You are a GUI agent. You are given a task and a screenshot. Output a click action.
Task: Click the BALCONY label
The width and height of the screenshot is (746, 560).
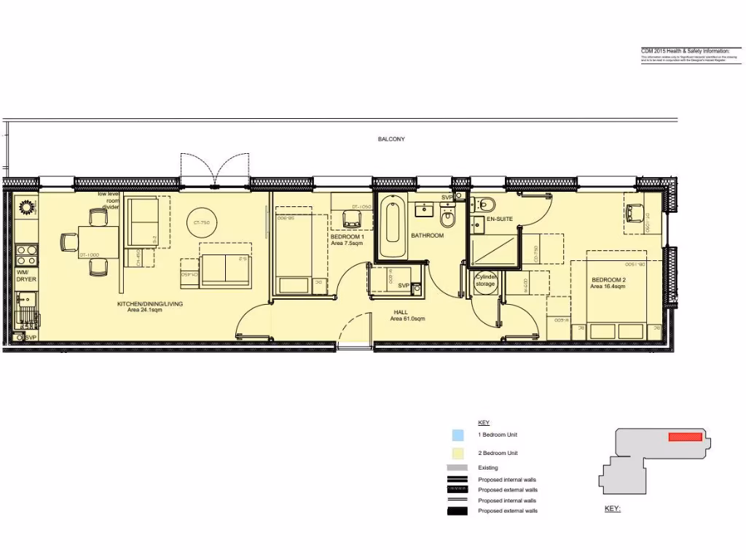(x=391, y=139)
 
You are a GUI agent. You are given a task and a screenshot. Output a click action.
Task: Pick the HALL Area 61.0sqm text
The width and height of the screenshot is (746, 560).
(x=407, y=315)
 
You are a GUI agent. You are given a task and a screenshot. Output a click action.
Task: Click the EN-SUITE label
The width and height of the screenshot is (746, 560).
(x=500, y=219)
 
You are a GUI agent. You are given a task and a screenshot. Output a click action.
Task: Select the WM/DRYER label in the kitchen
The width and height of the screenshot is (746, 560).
(x=26, y=276)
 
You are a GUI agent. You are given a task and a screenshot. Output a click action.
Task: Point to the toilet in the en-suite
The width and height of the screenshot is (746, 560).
(x=487, y=203)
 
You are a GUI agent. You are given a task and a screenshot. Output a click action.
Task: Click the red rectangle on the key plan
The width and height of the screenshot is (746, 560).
(x=685, y=437)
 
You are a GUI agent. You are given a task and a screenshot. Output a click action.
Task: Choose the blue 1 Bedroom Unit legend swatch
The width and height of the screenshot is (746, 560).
(x=458, y=435)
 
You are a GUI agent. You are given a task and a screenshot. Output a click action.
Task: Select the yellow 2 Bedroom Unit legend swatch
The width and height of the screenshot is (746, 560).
(x=458, y=453)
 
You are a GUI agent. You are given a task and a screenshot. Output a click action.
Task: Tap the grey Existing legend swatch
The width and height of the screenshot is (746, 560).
(x=458, y=467)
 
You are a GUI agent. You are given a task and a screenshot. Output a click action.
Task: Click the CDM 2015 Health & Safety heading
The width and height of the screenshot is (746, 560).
(x=684, y=50)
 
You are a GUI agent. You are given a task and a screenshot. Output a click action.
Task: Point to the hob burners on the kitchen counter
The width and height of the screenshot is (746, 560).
(x=27, y=255)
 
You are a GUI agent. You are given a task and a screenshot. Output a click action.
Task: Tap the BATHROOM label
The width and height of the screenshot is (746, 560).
(x=427, y=236)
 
